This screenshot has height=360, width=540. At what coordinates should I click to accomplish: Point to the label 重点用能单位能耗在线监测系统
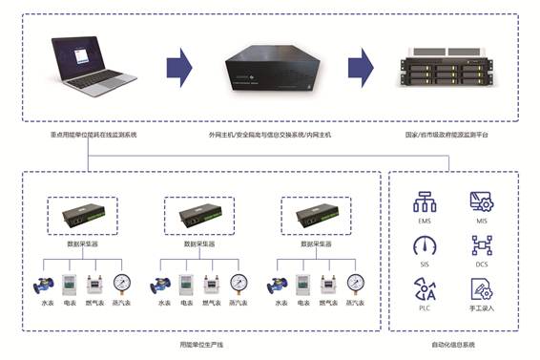(94, 136)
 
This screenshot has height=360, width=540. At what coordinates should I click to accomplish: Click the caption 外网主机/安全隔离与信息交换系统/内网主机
(271, 136)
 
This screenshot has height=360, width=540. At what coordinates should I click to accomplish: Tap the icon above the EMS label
(425, 201)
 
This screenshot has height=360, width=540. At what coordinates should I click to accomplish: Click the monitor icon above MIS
(482, 201)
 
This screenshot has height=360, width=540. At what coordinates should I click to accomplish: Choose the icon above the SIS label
(425, 244)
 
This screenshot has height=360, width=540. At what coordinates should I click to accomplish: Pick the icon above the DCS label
(482, 244)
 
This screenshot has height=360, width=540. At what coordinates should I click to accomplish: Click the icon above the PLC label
(425, 289)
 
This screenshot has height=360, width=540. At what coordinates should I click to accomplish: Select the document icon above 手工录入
(482, 289)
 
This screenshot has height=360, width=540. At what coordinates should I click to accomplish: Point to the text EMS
(425, 221)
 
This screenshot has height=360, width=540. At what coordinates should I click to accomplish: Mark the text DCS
(482, 265)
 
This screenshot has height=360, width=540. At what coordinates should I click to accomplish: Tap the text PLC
(425, 309)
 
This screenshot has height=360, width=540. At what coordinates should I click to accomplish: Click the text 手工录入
(482, 309)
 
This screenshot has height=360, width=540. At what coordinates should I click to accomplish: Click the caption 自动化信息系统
(453, 344)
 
